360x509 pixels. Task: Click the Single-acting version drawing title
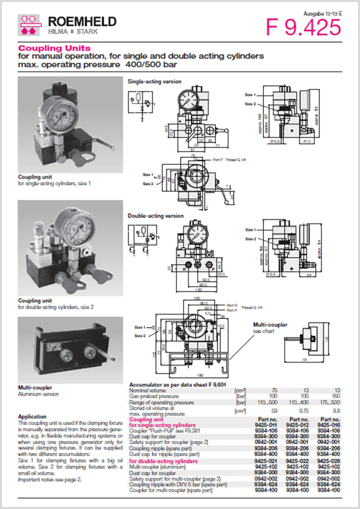coord(155,82)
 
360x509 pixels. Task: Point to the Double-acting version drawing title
coord(156,216)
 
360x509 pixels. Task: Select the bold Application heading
coord(32,417)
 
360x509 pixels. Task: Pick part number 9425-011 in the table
coord(264,424)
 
